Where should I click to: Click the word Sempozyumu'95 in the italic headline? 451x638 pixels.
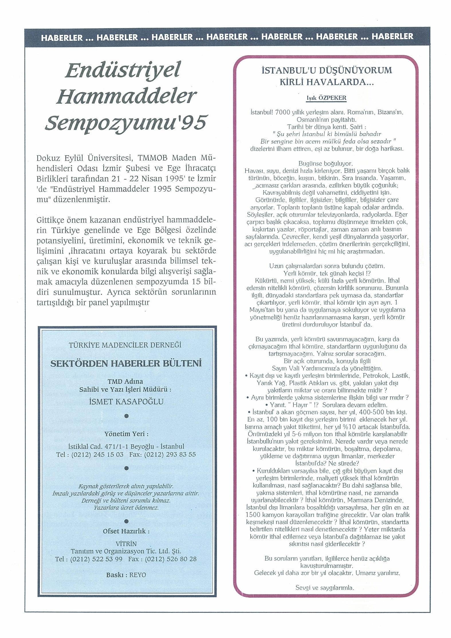[x=126, y=122]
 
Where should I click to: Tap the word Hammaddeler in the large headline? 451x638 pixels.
[x=126, y=96]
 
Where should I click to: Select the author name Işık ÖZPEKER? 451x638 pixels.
[x=326, y=98]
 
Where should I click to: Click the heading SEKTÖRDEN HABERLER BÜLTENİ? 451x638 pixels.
[x=126, y=363]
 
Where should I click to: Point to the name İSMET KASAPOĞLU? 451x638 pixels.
[x=126, y=401]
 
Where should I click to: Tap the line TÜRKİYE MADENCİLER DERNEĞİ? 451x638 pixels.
[x=125, y=345]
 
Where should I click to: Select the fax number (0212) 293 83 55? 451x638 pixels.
[x=170, y=454]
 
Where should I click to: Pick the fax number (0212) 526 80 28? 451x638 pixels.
[x=171, y=559]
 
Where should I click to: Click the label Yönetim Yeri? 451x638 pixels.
[x=126, y=434]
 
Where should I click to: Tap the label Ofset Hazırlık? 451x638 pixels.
[x=126, y=531]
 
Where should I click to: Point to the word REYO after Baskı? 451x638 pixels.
[x=138, y=575]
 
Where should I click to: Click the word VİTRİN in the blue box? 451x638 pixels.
[x=126, y=544]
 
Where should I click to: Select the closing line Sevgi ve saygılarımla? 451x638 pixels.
[x=325, y=588]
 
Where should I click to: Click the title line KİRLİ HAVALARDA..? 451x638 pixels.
[x=327, y=82]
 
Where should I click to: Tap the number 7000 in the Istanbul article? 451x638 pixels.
[x=282, y=112]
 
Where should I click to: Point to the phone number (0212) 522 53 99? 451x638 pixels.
[x=96, y=559]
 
